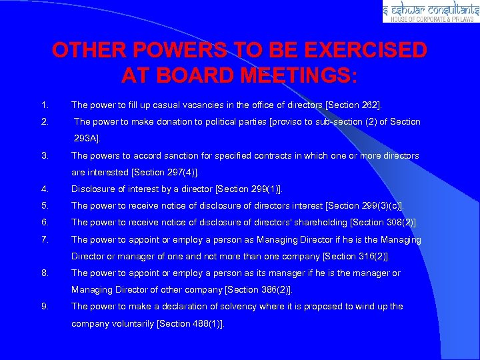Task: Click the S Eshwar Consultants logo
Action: pos(430,12)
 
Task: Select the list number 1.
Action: pos(44,105)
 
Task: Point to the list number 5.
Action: pos(44,205)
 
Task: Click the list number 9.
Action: pos(44,306)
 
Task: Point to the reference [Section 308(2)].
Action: pos(384,222)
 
